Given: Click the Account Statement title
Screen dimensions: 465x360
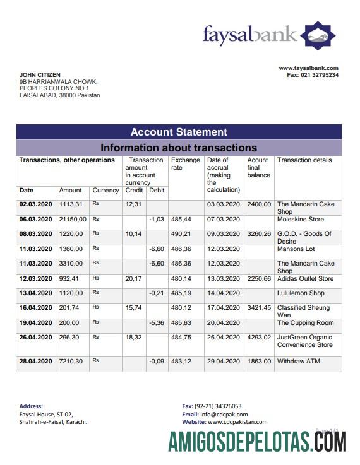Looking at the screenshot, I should [x=179, y=132].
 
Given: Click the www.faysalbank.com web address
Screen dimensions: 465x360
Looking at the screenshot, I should [x=309, y=68].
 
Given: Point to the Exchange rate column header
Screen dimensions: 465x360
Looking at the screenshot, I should [x=185, y=164].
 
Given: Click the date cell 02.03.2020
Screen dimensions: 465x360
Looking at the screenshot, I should [x=35, y=204].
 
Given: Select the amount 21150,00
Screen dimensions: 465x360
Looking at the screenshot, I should [x=73, y=219].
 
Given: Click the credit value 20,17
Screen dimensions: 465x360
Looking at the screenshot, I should [x=133, y=278].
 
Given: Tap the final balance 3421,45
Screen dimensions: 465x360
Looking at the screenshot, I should [x=259, y=308].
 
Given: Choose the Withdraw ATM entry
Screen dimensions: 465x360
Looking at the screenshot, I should [x=299, y=361].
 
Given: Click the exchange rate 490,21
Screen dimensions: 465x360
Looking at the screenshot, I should [x=181, y=234].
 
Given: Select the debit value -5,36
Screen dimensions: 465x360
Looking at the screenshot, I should [x=156, y=323].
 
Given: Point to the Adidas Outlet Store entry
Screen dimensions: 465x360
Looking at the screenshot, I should [x=305, y=278].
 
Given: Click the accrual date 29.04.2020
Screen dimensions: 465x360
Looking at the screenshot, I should [x=223, y=361].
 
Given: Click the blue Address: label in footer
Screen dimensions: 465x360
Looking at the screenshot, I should [x=31, y=406].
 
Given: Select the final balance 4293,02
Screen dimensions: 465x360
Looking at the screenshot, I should [x=259, y=338].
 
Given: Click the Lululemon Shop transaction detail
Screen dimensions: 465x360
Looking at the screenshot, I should [x=301, y=293].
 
